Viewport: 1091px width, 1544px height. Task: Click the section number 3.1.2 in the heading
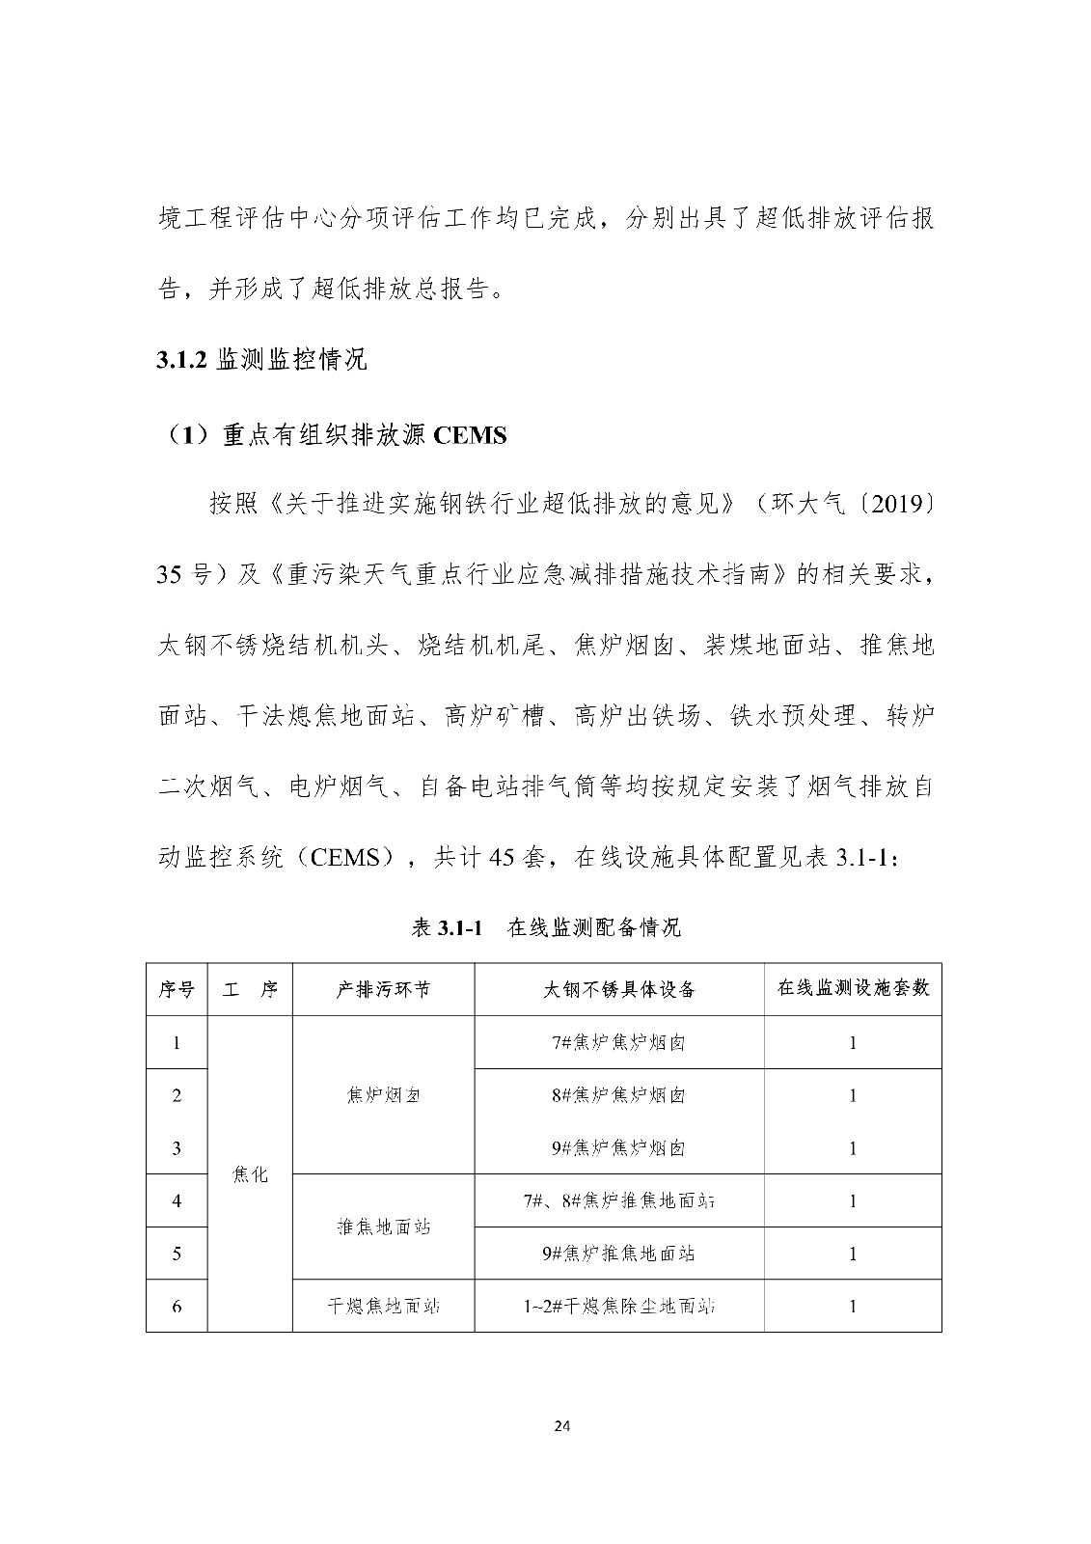click(182, 361)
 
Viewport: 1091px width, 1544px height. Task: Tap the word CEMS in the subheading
click(470, 435)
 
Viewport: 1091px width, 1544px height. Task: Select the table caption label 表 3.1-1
click(447, 928)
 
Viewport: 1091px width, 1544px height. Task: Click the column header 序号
click(177, 989)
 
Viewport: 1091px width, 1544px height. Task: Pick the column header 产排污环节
click(383, 989)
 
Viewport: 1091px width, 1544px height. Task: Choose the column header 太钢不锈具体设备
click(618, 989)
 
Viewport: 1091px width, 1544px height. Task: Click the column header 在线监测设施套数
click(853, 988)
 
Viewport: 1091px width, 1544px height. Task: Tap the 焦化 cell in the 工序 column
click(250, 1174)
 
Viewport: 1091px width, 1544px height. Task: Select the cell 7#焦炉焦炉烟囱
click(618, 1042)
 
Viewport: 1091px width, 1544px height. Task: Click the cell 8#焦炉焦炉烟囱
click(618, 1095)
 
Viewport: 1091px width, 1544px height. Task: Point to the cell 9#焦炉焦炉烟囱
click(618, 1148)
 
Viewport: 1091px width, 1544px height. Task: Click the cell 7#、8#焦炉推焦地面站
click(618, 1201)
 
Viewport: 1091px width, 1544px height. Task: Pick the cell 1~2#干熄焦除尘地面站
click(618, 1307)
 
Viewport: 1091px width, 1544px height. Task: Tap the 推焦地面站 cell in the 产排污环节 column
click(383, 1227)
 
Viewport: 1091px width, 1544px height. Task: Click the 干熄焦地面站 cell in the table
click(383, 1307)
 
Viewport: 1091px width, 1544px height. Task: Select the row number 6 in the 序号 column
click(177, 1307)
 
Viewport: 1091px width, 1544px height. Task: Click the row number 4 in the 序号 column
click(177, 1201)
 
